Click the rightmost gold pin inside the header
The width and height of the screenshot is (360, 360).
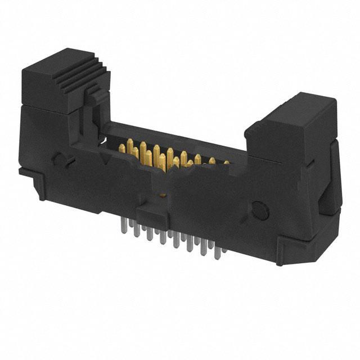[226, 163]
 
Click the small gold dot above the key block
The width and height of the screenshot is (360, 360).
[163, 195]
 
